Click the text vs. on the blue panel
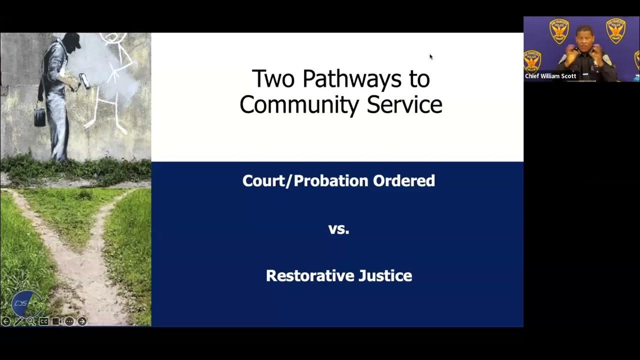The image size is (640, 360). tap(338, 229)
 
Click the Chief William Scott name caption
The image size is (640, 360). tap(550, 76)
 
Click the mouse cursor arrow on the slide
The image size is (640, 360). tap(431, 56)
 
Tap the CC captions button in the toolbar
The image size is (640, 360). tap(44, 321)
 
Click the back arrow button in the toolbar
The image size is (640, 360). tap(6, 321)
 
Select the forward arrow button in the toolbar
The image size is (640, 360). tap(82, 321)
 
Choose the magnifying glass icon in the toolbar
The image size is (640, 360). tap(31, 321)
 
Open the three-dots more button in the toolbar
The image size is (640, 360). tap(69, 321)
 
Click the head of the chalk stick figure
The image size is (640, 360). tap(113, 39)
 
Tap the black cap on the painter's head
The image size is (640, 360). tap(73, 40)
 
